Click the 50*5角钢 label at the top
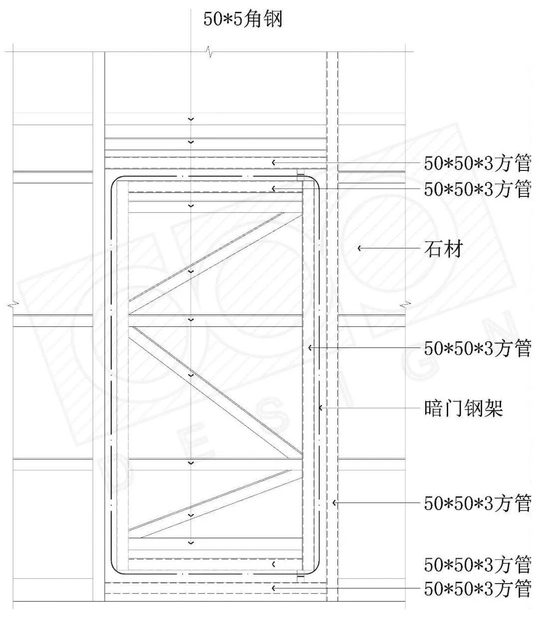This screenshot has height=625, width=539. pyautogui.click(x=243, y=19)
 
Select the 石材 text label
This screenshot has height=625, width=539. pyautogui.click(x=443, y=249)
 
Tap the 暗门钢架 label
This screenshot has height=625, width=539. pyautogui.click(x=463, y=408)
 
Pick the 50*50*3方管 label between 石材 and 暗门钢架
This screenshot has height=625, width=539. pyautogui.click(x=478, y=348)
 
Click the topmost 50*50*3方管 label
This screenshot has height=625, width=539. pyautogui.click(x=478, y=163)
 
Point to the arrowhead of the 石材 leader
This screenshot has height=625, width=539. pyautogui.click(x=359, y=249)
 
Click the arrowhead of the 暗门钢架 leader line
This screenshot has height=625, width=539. pyautogui.click(x=321, y=408)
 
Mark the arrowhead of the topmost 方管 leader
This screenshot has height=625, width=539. pyautogui.click(x=273, y=162)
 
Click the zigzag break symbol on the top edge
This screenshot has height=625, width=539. pyautogui.click(x=209, y=52)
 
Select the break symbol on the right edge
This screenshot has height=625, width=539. pyautogui.click(x=405, y=305)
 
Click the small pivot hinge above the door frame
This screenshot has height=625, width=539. pyautogui.click(x=300, y=174)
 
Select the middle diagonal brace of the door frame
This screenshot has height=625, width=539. pyautogui.click(x=216, y=392)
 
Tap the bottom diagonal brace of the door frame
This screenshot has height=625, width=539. pyautogui.click(x=216, y=504)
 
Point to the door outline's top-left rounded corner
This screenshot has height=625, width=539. pyautogui.click(x=115, y=180)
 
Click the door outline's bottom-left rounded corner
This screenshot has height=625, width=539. pyautogui.click(x=115, y=569)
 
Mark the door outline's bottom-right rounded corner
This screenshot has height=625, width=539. pyautogui.click(x=315, y=569)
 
